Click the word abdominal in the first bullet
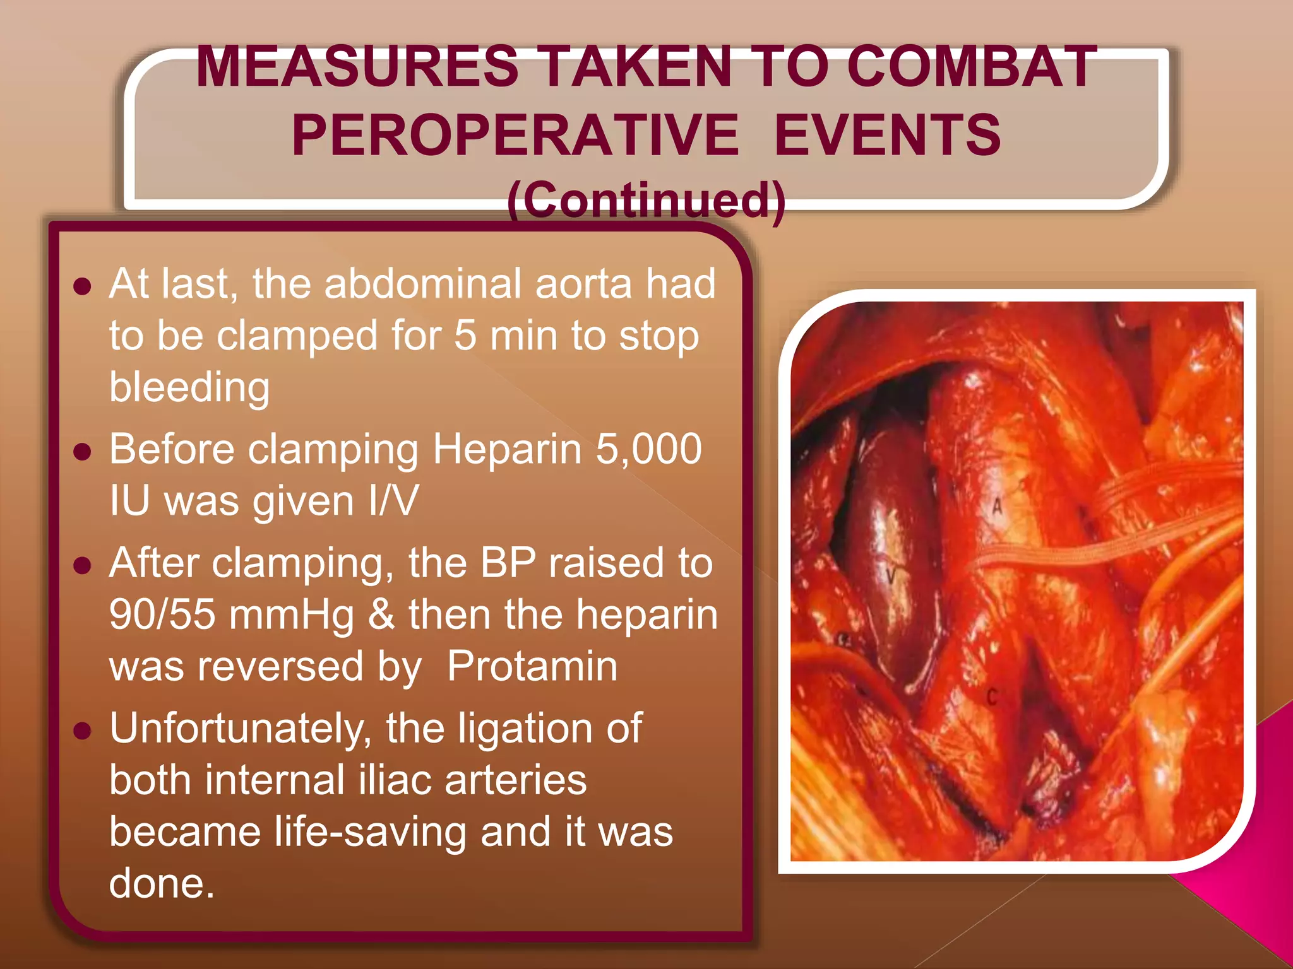pyautogui.click(x=424, y=283)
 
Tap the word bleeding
pyautogui.click(x=189, y=387)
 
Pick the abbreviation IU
pyautogui.click(x=129, y=501)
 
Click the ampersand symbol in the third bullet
pyautogui.click(x=381, y=614)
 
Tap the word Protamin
pyautogui.click(x=532, y=666)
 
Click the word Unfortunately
pyautogui.click(x=241, y=729)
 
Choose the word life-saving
pyautogui.click(x=370, y=832)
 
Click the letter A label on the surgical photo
pyautogui.click(x=997, y=505)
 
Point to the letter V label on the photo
pyautogui.click(x=890, y=575)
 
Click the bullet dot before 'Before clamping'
pyautogui.click(x=83, y=451)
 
